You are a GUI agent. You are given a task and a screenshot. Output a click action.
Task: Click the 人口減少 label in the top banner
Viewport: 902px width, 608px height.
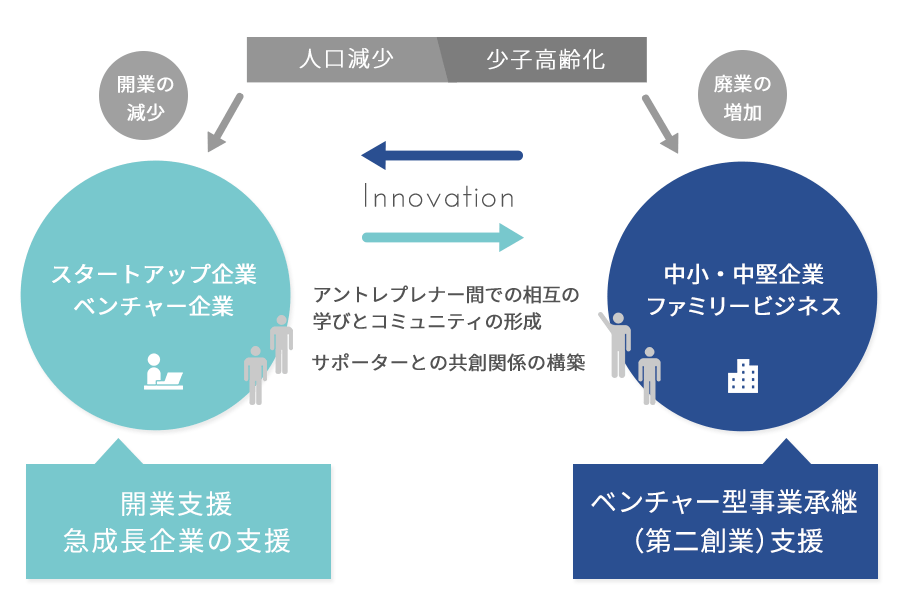coord(345,60)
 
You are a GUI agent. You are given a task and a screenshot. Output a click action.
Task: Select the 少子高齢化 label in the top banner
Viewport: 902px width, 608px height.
coord(545,60)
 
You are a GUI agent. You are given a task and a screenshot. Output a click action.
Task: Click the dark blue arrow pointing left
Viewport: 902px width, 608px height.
coord(442,155)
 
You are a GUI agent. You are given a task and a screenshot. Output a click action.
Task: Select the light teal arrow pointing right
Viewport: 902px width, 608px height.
coord(442,237)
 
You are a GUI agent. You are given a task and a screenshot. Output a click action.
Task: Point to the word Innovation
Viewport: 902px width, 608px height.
coord(439,197)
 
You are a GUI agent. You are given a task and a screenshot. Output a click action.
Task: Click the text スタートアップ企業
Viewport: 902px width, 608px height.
coord(154,273)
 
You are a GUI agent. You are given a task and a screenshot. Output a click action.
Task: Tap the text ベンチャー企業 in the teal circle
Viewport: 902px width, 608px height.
coord(154,307)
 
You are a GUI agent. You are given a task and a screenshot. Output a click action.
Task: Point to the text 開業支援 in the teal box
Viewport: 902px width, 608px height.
coord(176,502)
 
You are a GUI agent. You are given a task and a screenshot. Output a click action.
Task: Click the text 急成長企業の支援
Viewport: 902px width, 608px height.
coord(176,541)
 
